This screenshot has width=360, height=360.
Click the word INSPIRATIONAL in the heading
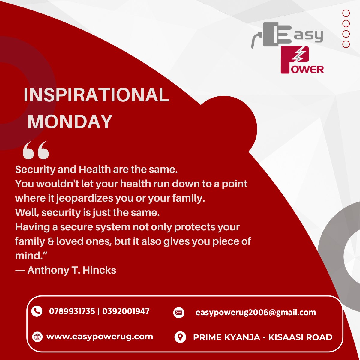click(97, 95)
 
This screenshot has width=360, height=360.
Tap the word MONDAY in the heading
click(70, 121)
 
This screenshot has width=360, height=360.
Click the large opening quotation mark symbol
click(36, 150)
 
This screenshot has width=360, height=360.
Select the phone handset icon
click(37, 311)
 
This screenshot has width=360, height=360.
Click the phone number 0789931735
click(72, 311)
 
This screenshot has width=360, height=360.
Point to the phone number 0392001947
click(126, 311)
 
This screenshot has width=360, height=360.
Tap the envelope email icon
click(179, 313)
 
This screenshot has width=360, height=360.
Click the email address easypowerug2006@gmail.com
click(256, 313)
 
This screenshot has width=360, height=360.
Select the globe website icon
click(37, 337)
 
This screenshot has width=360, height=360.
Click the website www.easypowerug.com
click(100, 337)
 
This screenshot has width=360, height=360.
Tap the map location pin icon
click(180, 337)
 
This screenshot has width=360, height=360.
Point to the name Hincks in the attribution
click(99, 270)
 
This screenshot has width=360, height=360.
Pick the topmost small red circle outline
click(346, 13)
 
